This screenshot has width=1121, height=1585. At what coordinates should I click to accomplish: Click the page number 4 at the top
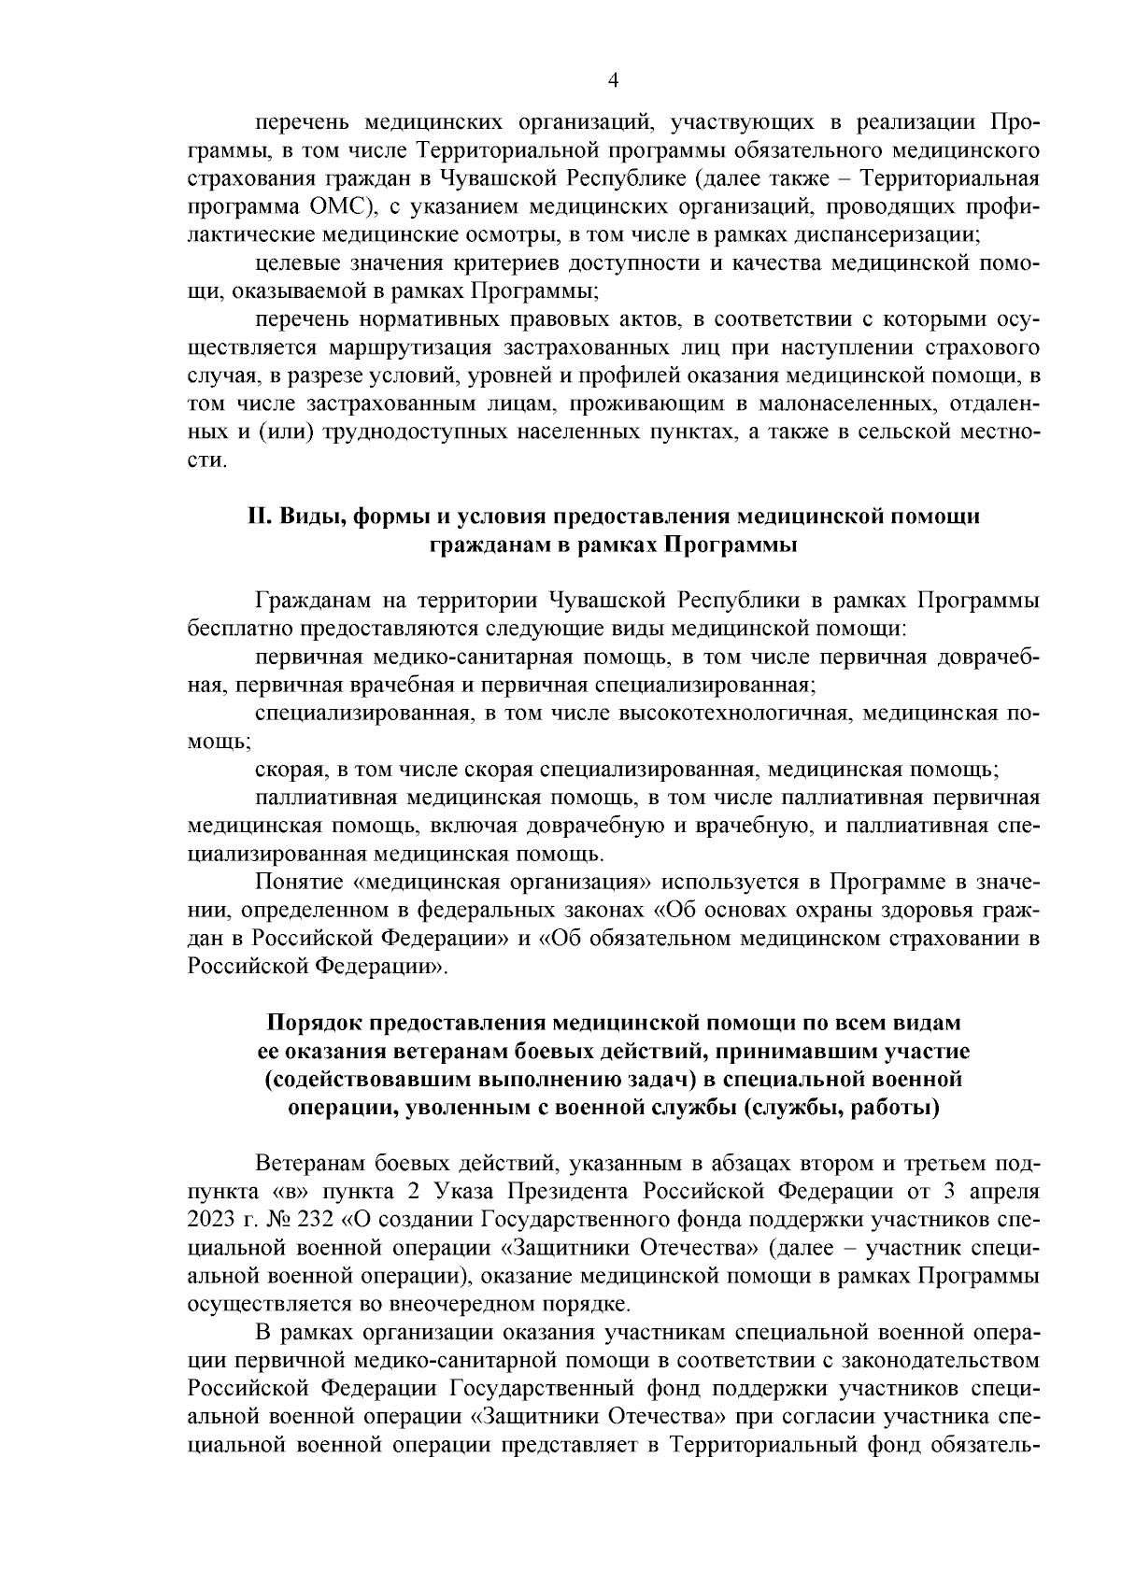613,80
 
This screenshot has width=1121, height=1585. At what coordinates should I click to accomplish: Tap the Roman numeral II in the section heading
259,517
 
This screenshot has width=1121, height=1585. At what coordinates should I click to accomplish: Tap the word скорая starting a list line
286,771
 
